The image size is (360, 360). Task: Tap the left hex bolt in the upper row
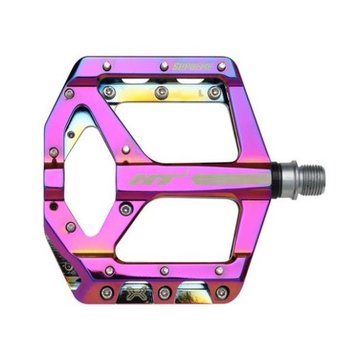[109, 90]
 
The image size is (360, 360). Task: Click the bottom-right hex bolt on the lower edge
[222, 290]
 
